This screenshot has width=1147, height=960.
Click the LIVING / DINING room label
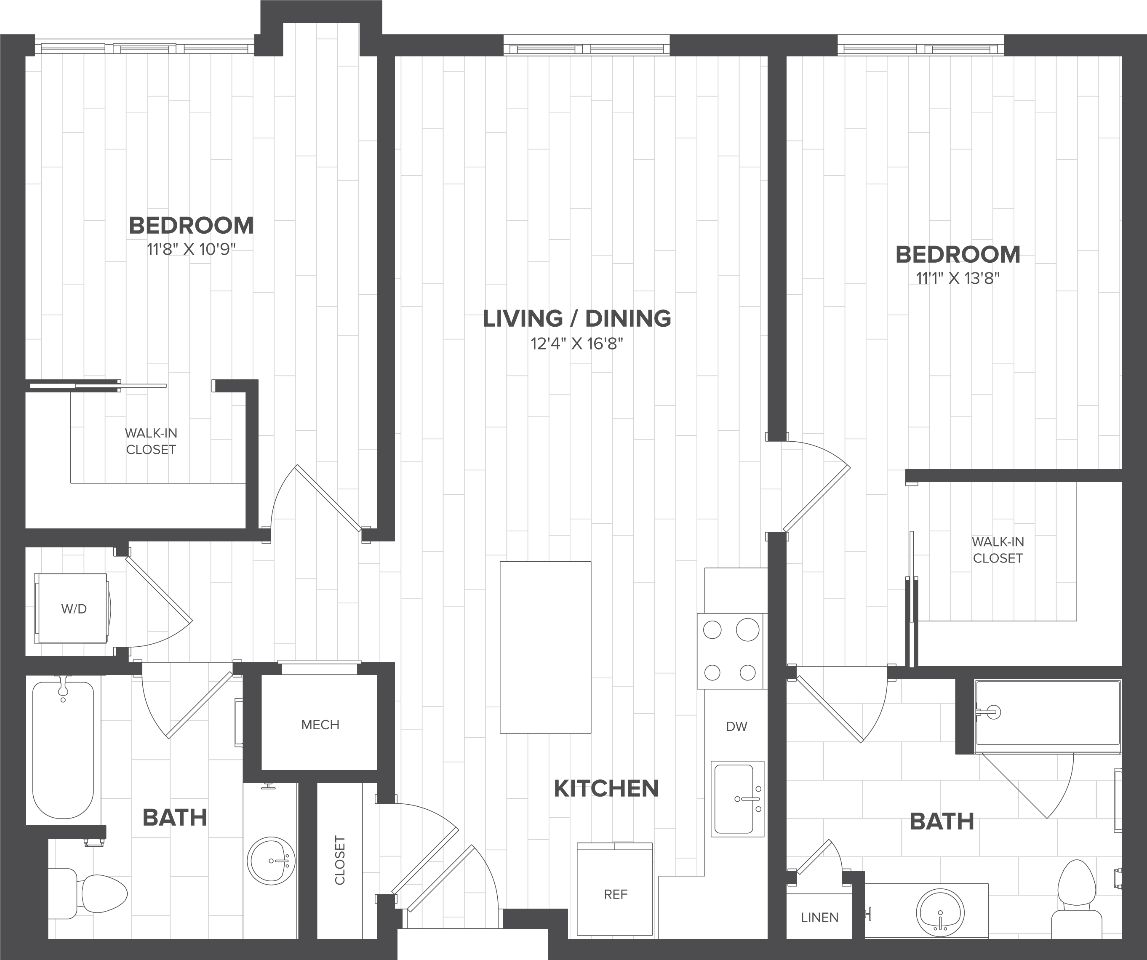tap(577, 318)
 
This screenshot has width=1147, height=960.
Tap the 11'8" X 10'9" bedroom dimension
tap(191, 250)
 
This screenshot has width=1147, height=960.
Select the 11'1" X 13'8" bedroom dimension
tap(958, 278)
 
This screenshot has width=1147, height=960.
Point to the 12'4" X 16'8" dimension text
tap(577, 344)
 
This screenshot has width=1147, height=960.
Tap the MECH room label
tap(320, 725)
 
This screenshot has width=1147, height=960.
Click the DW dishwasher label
tap(736, 726)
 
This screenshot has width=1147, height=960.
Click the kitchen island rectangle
tap(545, 647)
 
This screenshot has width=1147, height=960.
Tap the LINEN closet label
tap(819, 917)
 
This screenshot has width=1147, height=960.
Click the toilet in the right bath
tap(1077, 901)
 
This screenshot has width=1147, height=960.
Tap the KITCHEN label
tap(606, 789)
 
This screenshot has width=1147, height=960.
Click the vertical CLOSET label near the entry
tap(340, 860)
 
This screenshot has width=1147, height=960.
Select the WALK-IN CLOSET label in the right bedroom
tap(998, 550)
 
